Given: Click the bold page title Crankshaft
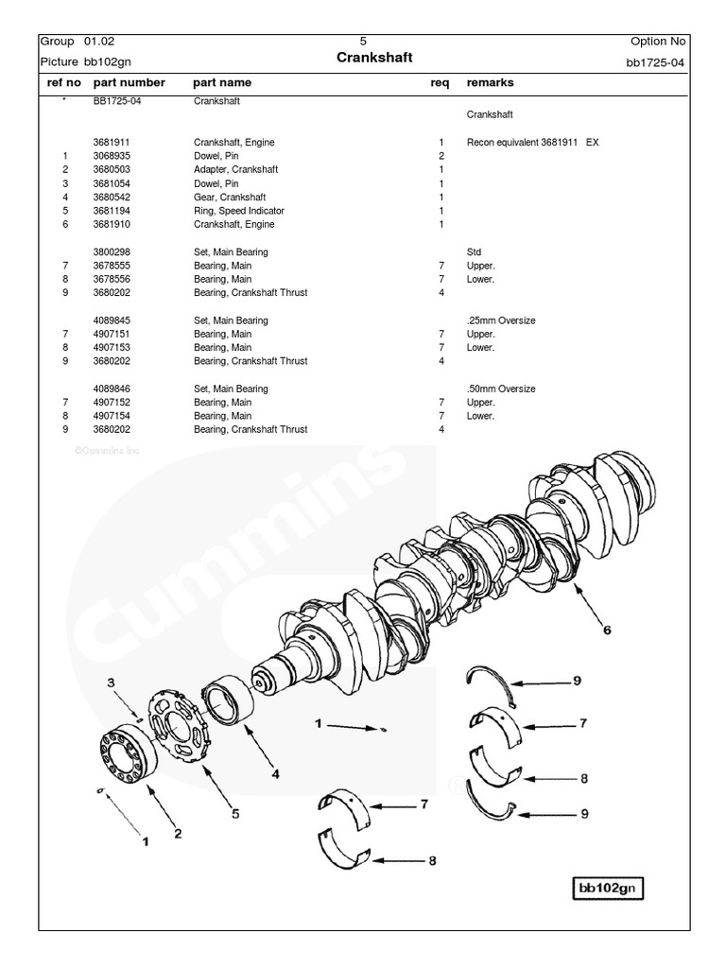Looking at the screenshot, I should pyautogui.click(x=374, y=59).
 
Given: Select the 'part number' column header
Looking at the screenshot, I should pyautogui.click(x=129, y=83).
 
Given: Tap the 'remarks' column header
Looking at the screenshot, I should pyautogui.click(x=490, y=83).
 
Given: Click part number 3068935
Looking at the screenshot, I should pyautogui.click(x=112, y=156).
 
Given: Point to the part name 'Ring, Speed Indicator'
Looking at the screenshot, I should pyautogui.click(x=238, y=211).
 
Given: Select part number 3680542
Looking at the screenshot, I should pyautogui.click(x=112, y=198).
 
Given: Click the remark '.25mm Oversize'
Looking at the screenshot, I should pyautogui.click(x=501, y=320).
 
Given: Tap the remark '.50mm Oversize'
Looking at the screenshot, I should pyautogui.click(x=501, y=389).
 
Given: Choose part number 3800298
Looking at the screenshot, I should pyautogui.click(x=112, y=252).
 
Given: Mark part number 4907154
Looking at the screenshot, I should pyautogui.click(x=112, y=416).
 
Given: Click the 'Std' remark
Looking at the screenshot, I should pyautogui.click(x=474, y=252).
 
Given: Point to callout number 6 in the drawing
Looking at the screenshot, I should pyautogui.click(x=608, y=631).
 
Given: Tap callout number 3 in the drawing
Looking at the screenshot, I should pyautogui.click(x=111, y=683).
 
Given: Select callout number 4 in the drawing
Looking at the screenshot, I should pyautogui.click(x=275, y=774).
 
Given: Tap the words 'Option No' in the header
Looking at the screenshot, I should pyautogui.click(x=658, y=42).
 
